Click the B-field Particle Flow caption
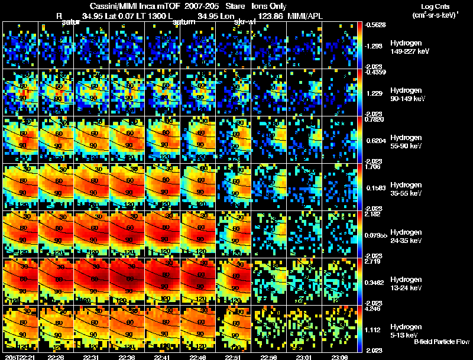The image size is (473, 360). coord(442,342)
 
